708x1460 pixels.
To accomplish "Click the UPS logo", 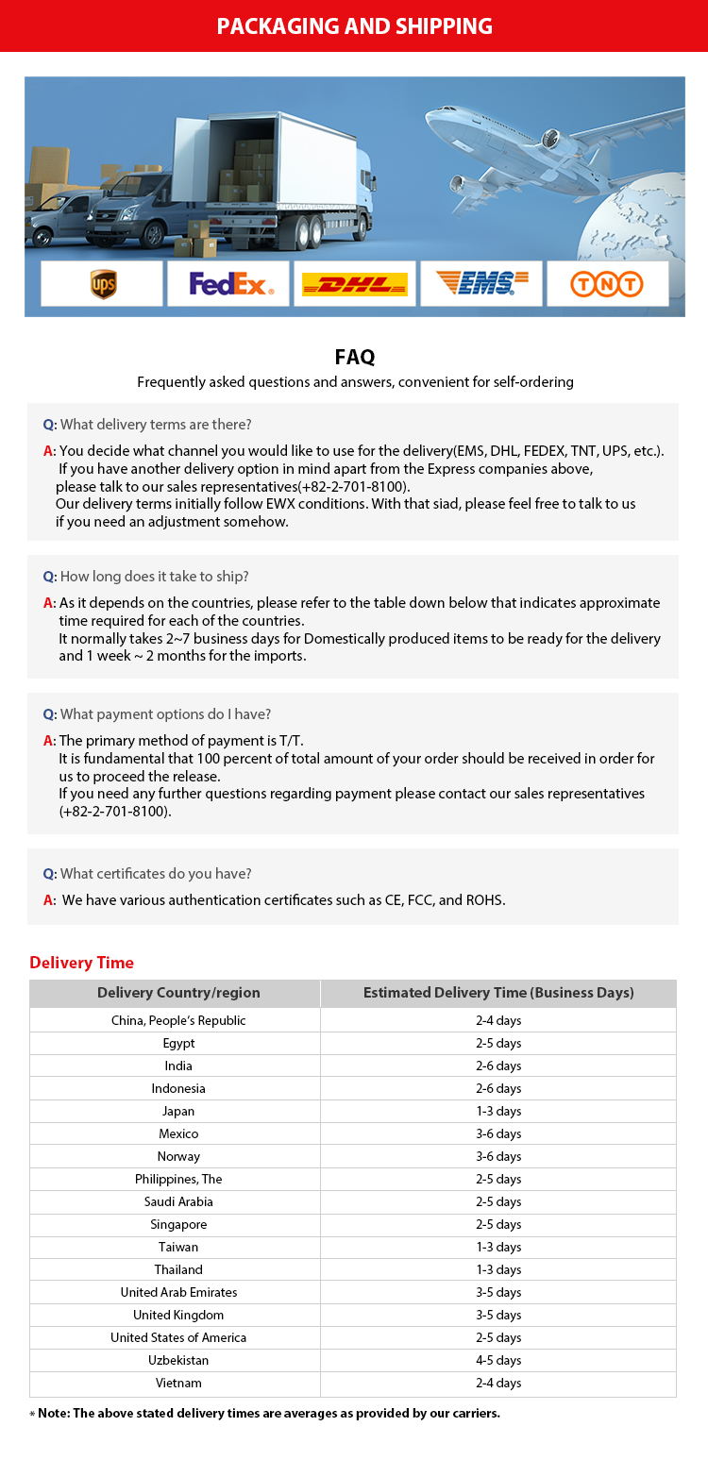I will point(103,283).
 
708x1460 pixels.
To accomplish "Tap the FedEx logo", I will point(230,283).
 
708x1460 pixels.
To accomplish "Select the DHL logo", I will point(354,284).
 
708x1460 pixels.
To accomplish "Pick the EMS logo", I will point(481,283).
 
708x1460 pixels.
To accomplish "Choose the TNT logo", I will point(607,284).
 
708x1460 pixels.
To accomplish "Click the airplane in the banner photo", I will point(548,142).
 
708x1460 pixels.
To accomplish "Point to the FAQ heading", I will point(355,357).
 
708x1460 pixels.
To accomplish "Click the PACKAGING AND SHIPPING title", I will point(354,25).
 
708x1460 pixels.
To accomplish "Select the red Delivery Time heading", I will point(82,963).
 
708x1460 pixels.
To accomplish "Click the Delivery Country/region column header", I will point(178,993).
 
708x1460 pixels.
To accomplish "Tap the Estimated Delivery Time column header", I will point(498,993).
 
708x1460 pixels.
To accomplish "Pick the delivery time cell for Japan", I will point(498,1111).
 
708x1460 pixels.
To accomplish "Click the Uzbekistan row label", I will point(178,1360).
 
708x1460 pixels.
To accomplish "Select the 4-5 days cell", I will point(498,1360).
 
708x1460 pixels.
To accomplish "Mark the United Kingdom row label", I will point(178,1315).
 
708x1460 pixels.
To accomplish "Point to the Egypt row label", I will point(178,1043).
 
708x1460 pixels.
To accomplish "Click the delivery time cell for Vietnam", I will point(498,1383).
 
